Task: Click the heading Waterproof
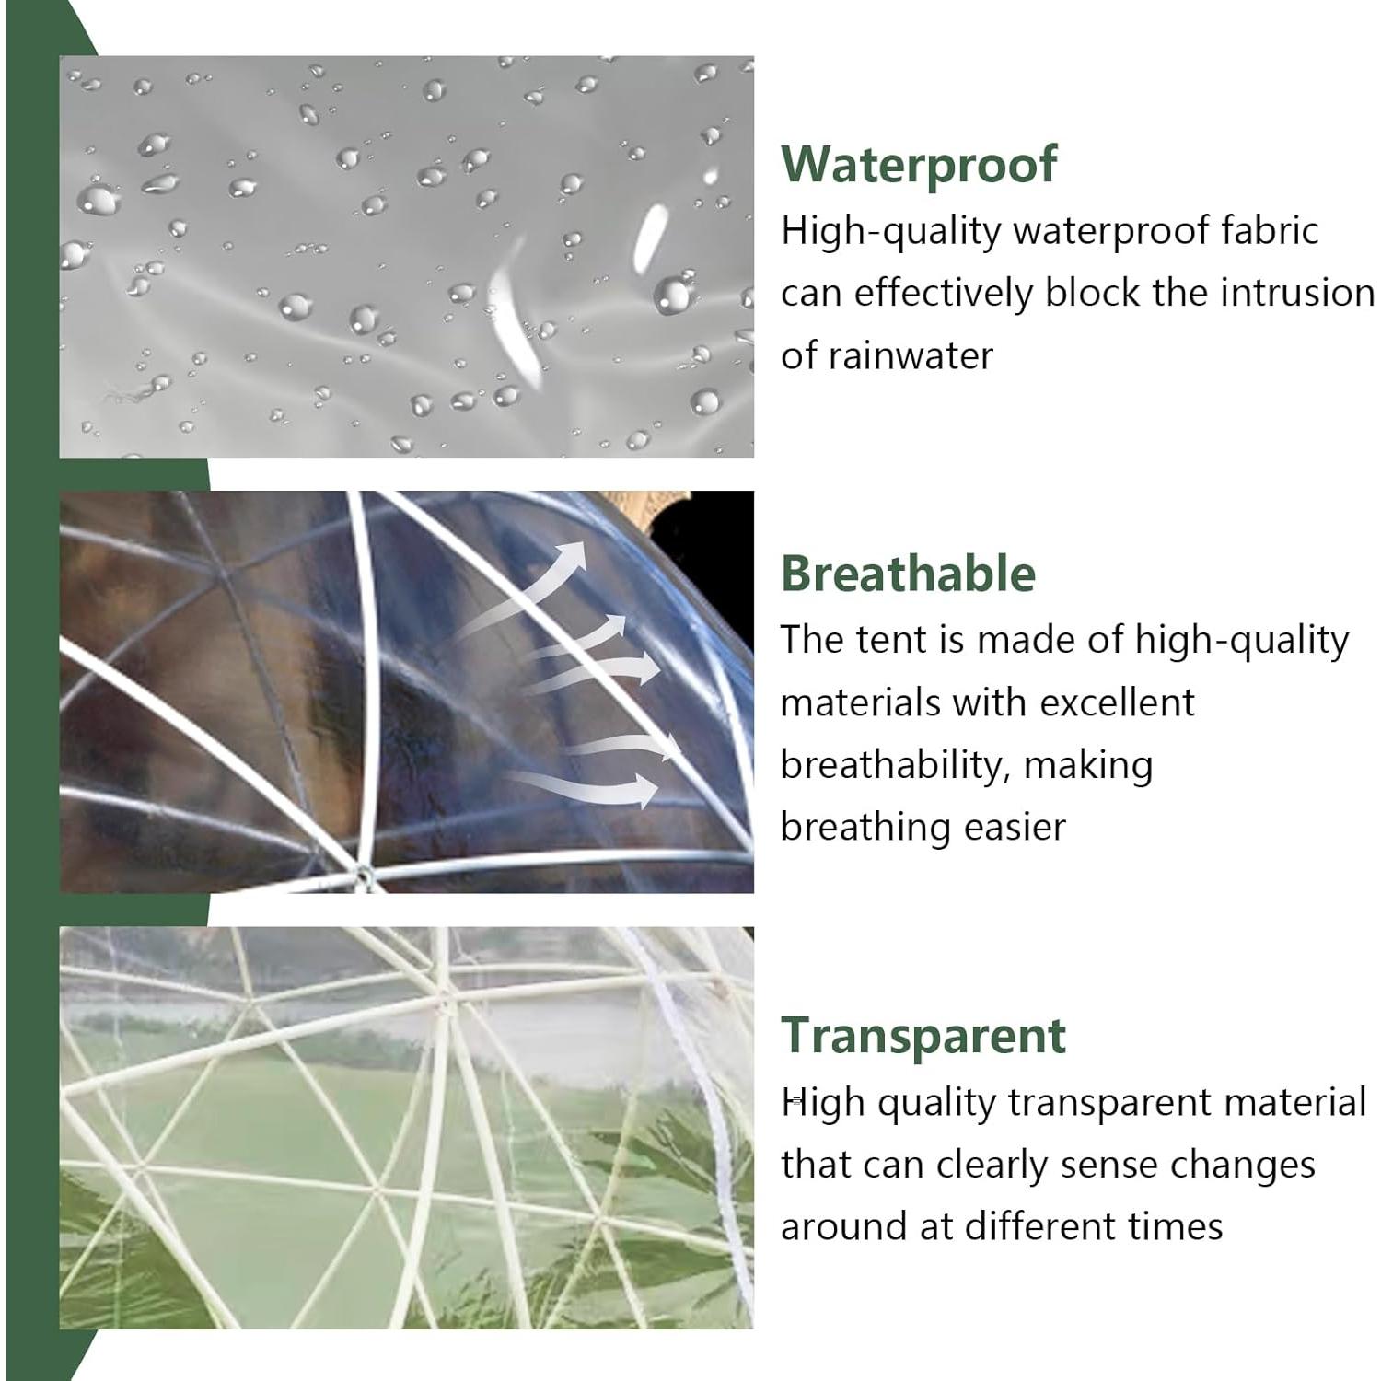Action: (919, 165)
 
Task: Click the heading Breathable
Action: (908, 574)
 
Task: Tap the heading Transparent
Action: (923, 1035)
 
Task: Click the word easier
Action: (1015, 827)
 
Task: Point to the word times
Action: (1179, 1226)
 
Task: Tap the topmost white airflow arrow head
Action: (573, 553)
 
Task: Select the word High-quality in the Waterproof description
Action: (890, 230)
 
